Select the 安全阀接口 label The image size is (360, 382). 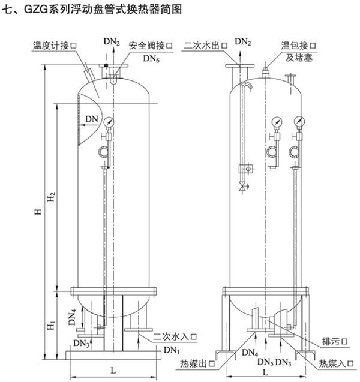coord(151,45)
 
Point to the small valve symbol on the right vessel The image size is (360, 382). coord(242,187)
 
